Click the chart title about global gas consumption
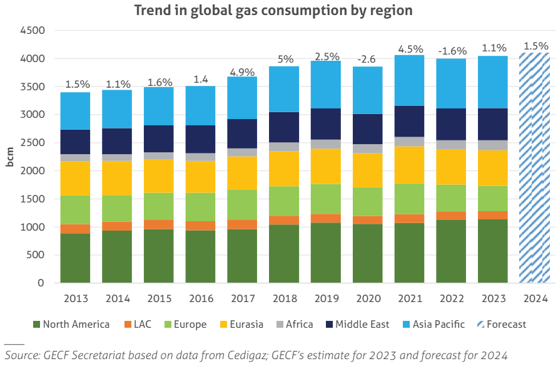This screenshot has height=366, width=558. coord(273,11)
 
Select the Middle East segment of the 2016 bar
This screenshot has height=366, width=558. coord(201,139)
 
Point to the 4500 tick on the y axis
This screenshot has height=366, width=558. coord(32,31)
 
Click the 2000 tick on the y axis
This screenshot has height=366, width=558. coord(32,171)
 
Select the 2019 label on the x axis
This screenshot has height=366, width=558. coord(326,299)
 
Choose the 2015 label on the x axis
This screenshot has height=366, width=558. coord(159,299)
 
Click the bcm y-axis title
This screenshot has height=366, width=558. coord(10,157)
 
